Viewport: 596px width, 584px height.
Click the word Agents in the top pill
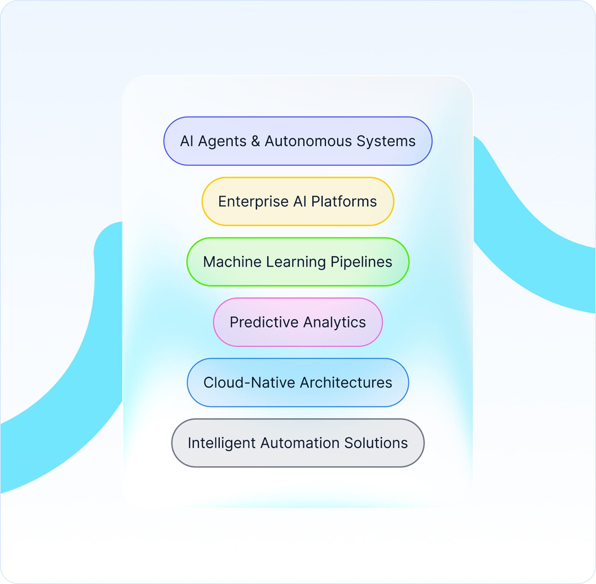point(222,141)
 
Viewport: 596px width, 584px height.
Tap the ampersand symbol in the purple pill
point(255,141)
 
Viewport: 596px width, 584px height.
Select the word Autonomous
point(308,141)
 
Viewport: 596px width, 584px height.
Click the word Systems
point(386,141)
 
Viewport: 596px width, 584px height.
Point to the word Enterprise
point(253,202)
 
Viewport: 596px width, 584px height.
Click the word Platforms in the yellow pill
point(344,202)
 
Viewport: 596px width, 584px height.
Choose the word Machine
point(232,262)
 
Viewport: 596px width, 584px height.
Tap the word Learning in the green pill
point(296,262)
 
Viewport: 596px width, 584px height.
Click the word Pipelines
point(361,262)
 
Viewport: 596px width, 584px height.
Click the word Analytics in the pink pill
point(334,322)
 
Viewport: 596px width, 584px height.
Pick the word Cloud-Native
point(249,382)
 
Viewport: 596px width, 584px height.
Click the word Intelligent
point(222,443)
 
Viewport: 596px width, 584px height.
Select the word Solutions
point(376,443)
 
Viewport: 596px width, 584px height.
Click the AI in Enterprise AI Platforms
point(300,202)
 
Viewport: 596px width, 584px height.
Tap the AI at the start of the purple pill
point(187,141)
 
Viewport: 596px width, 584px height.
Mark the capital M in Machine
point(210,262)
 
